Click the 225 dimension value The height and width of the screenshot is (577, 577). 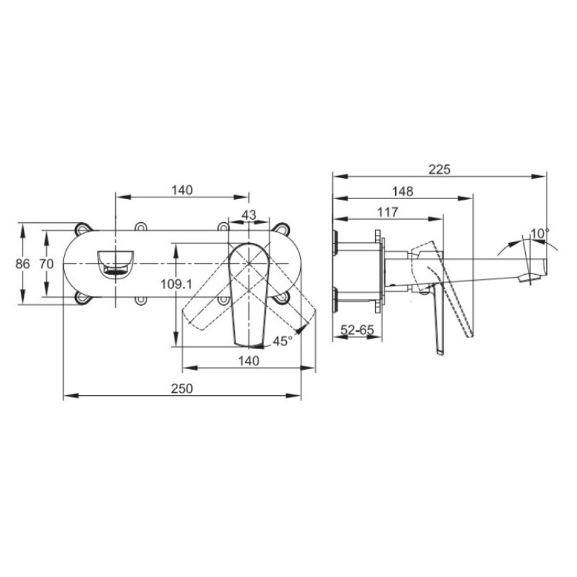point(439,169)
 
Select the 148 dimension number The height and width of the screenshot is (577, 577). point(403,192)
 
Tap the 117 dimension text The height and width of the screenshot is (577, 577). point(388,212)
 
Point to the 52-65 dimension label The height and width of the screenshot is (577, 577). point(357,329)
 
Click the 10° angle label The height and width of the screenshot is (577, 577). point(540,233)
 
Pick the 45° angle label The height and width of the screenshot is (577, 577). point(283,342)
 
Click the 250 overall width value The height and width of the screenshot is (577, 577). point(182,388)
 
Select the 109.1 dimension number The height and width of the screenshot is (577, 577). point(176,284)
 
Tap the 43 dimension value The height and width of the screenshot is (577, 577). point(249,215)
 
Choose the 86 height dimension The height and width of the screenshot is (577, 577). point(23,264)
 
